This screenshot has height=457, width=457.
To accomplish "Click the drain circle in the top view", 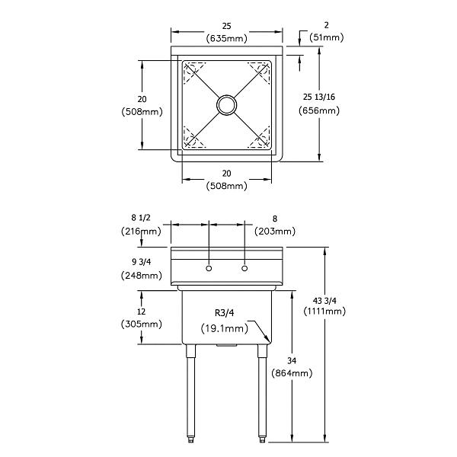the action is click(226, 105).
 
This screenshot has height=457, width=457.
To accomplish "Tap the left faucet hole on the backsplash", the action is click(209, 268).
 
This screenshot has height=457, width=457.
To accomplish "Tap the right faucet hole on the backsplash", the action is click(244, 268).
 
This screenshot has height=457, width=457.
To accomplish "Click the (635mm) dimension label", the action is click(226, 39).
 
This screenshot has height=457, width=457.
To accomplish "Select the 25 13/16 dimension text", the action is click(319, 97).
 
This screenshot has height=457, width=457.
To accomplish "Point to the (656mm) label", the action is click(319, 110).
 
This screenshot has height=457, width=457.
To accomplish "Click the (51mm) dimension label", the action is click(327, 37).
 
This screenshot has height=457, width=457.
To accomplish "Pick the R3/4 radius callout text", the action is click(225, 313).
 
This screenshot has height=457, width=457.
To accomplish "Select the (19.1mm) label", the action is click(225, 328).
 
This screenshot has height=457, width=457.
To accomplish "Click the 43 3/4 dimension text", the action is click(324, 300).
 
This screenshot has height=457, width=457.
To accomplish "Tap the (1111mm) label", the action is click(324, 312).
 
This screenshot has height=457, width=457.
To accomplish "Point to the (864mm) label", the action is click(292, 373).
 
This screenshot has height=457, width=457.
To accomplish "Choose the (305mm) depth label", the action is click(142, 324).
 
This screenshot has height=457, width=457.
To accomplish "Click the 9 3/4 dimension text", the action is click(142, 262).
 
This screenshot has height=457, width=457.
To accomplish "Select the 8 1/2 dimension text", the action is click(141, 218).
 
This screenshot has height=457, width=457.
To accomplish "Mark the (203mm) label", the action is click(275, 232).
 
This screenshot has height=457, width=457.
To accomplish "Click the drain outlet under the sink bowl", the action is click(226, 345).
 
